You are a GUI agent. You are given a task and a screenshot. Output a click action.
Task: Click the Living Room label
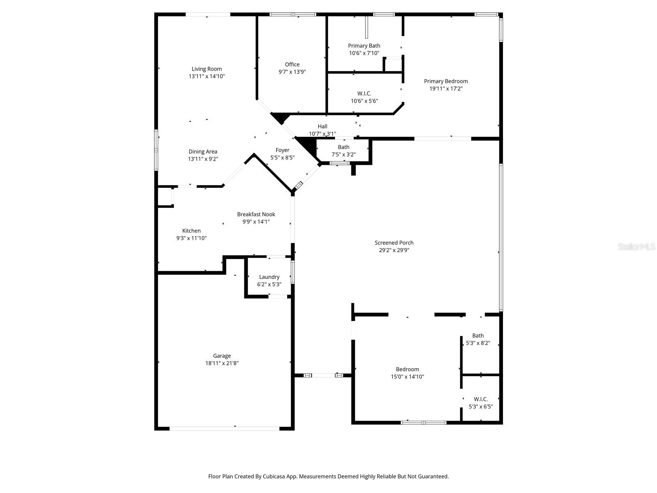(207, 69)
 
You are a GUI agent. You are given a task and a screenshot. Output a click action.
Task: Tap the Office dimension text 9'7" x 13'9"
(292, 72)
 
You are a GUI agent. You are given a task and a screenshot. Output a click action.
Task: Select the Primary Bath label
(364, 46)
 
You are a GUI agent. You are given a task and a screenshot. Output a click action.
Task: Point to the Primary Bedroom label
(446, 81)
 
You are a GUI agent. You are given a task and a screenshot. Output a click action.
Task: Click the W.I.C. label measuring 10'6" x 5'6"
(364, 94)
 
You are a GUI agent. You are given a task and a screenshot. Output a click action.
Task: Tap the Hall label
(322, 127)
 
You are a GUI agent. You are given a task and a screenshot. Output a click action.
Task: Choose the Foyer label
(282, 150)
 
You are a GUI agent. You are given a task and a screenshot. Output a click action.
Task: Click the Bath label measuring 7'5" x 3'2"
(343, 147)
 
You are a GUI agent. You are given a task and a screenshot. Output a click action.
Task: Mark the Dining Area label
(203, 152)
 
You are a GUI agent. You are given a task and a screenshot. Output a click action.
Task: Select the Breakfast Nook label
(256, 214)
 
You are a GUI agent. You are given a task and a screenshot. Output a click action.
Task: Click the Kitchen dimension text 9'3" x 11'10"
(191, 238)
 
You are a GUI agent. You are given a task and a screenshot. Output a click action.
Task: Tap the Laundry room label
(269, 277)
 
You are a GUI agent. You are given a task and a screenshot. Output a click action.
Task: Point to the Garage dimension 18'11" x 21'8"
(222, 363)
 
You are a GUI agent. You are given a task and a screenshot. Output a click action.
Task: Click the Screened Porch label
(394, 243)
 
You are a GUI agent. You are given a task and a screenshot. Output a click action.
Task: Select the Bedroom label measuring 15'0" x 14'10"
(407, 369)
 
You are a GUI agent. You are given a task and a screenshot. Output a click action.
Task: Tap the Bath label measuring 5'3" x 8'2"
(478, 336)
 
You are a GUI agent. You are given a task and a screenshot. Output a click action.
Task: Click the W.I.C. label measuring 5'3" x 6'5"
(480, 399)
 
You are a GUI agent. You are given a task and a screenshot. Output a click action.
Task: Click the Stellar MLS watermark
(636, 247)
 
